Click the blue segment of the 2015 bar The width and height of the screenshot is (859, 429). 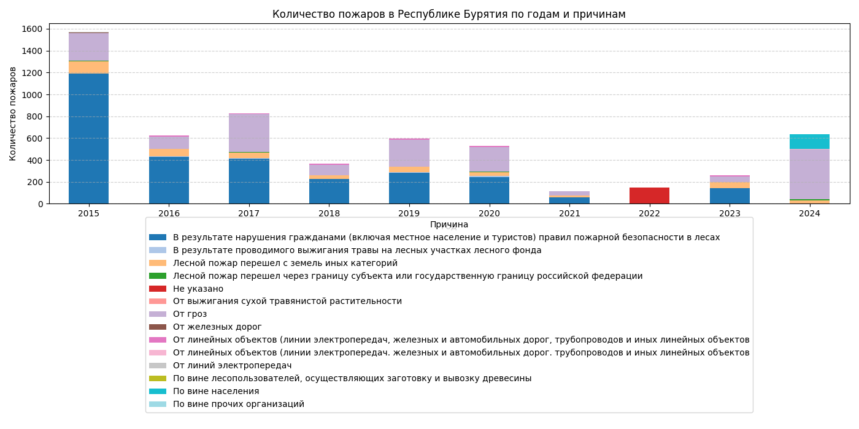pyautogui.click(x=88, y=139)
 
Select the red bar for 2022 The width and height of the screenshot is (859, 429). pyautogui.click(x=649, y=196)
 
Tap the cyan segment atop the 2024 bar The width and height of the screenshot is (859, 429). pyautogui.click(x=809, y=142)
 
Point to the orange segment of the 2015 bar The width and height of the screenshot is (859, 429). pyautogui.click(x=88, y=67)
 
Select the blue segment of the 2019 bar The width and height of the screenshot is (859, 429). pyautogui.click(x=409, y=188)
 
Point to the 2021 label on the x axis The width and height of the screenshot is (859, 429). pyautogui.click(x=569, y=213)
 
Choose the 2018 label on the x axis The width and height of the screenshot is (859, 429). pyautogui.click(x=329, y=213)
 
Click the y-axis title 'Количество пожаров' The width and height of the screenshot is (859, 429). pyautogui.click(x=13, y=113)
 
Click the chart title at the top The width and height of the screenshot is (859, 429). pyautogui.click(x=449, y=14)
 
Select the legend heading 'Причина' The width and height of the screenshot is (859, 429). pyautogui.click(x=449, y=225)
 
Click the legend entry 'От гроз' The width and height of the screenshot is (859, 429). pyautogui.click(x=190, y=314)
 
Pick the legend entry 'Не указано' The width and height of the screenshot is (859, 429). pyautogui.click(x=198, y=289)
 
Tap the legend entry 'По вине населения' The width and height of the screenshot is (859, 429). pyautogui.click(x=215, y=392)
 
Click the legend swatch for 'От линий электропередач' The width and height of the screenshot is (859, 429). pyautogui.click(x=158, y=366)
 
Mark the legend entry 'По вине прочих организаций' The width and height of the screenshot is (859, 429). pyautogui.click(x=238, y=404)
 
